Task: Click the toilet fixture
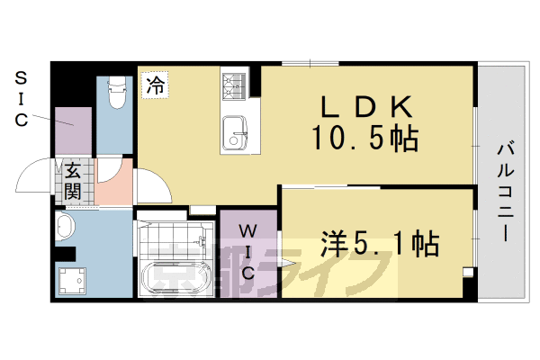click(x=115, y=95)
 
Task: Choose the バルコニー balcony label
click(x=504, y=189)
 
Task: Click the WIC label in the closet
click(x=249, y=251)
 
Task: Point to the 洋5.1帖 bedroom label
click(x=379, y=242)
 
